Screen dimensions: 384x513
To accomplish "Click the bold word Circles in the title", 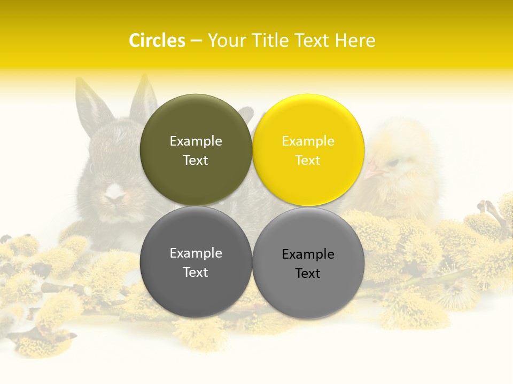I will [157, 41].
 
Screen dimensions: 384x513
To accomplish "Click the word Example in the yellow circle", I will [308, 141].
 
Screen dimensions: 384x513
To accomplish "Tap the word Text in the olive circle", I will [196, 161].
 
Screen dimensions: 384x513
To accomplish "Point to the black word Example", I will [308, 254].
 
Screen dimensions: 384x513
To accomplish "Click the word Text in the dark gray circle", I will [196, 273].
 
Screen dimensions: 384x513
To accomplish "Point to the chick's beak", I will [374, 171].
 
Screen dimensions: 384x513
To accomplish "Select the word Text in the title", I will [311, 41].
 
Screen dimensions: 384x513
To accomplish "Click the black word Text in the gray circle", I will [308, 274].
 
